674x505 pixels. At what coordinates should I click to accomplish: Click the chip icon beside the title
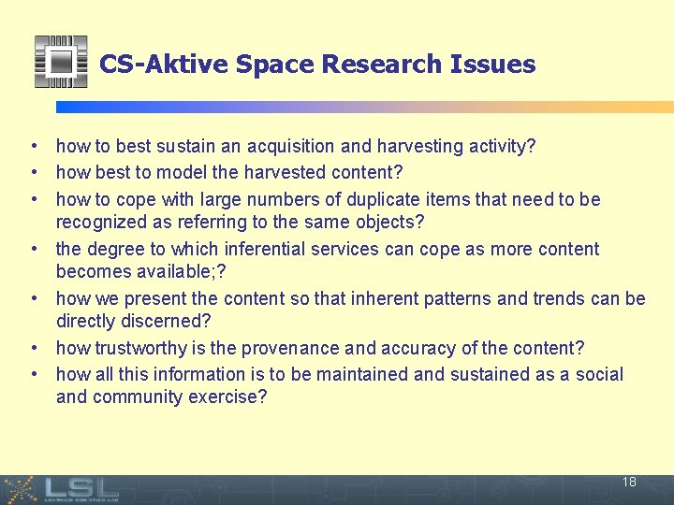click(x=61, y=62)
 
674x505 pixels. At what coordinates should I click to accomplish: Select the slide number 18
click(x=629, y=483)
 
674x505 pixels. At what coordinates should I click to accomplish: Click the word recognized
click(x=104, y=223)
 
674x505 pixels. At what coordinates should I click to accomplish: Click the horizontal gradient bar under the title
click(x=364, y=107)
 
